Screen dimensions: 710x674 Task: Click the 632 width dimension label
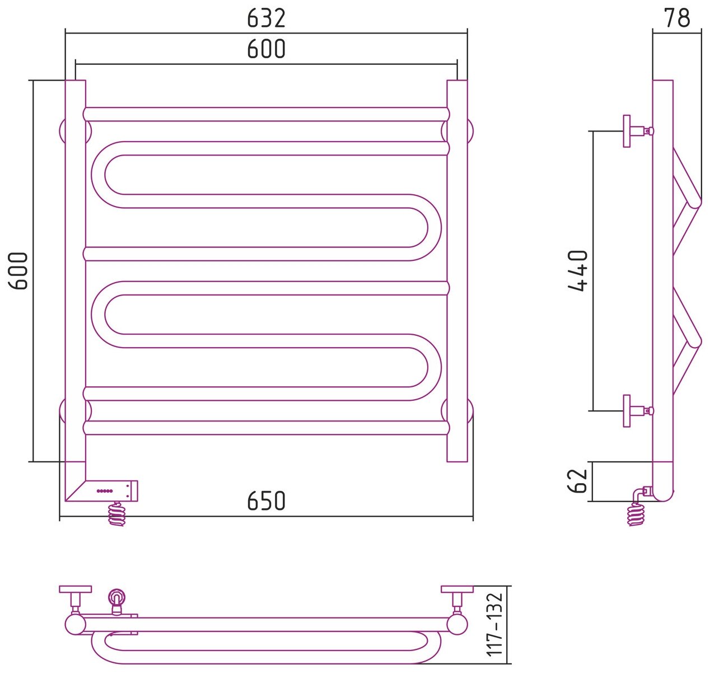coord(266,18)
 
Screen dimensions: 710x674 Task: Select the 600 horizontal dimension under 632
coord(266,49)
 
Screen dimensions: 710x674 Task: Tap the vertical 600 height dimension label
coord(19,271)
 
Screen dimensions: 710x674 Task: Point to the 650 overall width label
coord(266,501)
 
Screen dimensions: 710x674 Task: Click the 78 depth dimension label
coord(677,18)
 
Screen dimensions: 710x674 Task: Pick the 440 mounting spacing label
coord(578,271)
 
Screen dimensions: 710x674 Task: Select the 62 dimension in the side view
coord(579,481)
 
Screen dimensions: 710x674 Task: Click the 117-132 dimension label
coord(495,625)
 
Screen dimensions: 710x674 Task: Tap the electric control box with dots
coord(109,490)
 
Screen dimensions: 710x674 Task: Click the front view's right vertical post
coord(457,271)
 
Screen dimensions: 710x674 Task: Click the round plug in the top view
coord(116,596)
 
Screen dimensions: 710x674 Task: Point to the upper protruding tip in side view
coord(694,202)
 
